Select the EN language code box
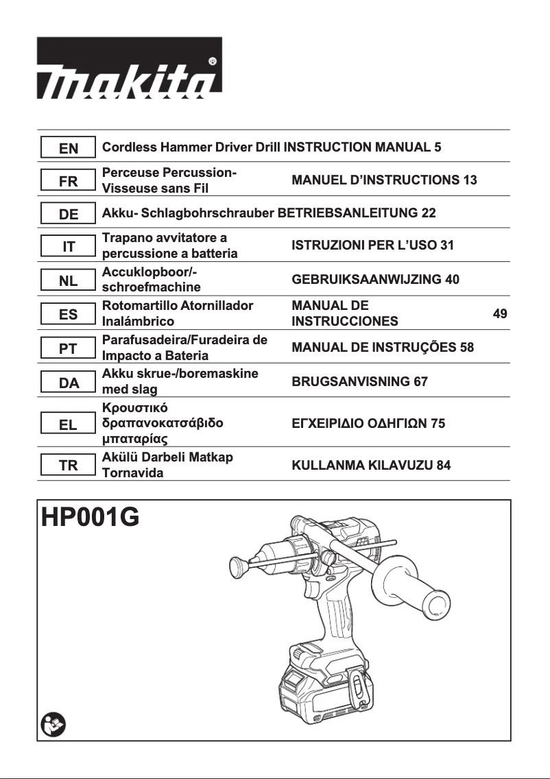click(x=68, y=148)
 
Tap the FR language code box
click(x=68, y=182)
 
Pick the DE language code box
click(x=68, y=215)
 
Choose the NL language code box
click(x=68, y=281)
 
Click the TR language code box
click(x=68, y=466)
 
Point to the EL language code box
click(x=68, y=424)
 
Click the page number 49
click(x=500, y=314)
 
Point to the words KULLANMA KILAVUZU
click(x=361, y=466)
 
